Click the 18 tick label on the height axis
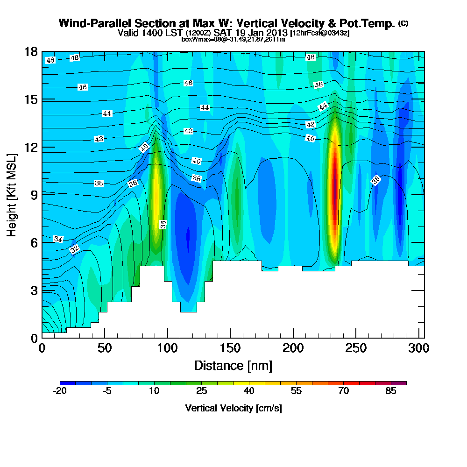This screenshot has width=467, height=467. coord(31,51)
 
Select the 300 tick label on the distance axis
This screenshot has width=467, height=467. coord(418,348)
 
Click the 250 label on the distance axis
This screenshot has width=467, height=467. coord(355,348)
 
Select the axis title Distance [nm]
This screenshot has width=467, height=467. coord(233,365)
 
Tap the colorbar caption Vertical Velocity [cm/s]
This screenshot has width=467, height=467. coord(233,408)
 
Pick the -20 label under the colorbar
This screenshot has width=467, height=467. coord(60,391)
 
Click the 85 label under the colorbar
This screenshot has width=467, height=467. coord(391,391)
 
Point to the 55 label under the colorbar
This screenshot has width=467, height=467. coord(296,391)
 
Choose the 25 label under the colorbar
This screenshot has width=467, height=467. coord(201,391)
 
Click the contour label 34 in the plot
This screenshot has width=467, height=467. coord(58,239)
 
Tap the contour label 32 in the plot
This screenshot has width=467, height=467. coord(74,249)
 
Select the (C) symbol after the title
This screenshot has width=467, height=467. coord(403,23)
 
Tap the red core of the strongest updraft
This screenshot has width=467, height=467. coord(334,187)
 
